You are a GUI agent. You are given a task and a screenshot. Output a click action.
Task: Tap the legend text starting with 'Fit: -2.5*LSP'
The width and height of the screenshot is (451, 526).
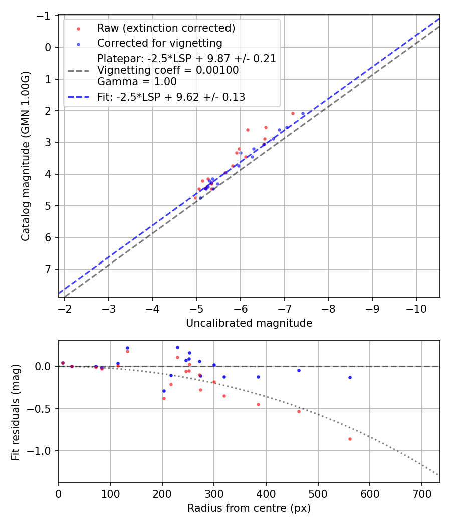pyautogui.click(x=171, y=97)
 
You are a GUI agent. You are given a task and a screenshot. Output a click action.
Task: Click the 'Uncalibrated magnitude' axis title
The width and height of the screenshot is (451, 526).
pyautogui.click(x=249, y=323)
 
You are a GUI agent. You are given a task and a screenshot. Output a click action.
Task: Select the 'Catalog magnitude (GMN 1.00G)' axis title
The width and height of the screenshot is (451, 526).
pyautogui.click(x=26, y=156)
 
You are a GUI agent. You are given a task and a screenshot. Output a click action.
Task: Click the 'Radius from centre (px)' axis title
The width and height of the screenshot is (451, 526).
pyautogui.click(x=249, y=508)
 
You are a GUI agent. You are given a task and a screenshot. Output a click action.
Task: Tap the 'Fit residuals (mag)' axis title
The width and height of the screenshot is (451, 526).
pyautogui.click(x=16, y=412)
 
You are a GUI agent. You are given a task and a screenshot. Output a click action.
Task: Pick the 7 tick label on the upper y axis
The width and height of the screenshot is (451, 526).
pyautogui.click(x=48, y=270)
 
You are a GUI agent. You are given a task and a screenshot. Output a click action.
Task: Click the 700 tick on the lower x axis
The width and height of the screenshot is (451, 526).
pyautogui.click(x=421, y=493)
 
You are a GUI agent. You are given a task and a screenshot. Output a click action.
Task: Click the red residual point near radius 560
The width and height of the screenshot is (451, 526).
pyautogui.click(x=350, y=439)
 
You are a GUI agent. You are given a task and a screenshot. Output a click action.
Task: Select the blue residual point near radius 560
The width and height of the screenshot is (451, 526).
pyautogui.click(x=350, y=377)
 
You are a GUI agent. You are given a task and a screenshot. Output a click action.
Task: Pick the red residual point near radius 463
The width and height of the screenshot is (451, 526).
pyautogui.click(x=299, y=411)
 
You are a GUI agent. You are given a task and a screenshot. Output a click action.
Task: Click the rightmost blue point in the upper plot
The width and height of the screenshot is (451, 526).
pyautogui.click(x=303, y=114)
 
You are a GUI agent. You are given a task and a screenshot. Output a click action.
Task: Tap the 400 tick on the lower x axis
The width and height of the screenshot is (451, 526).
pyautogui.click(x=266, y=493)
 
